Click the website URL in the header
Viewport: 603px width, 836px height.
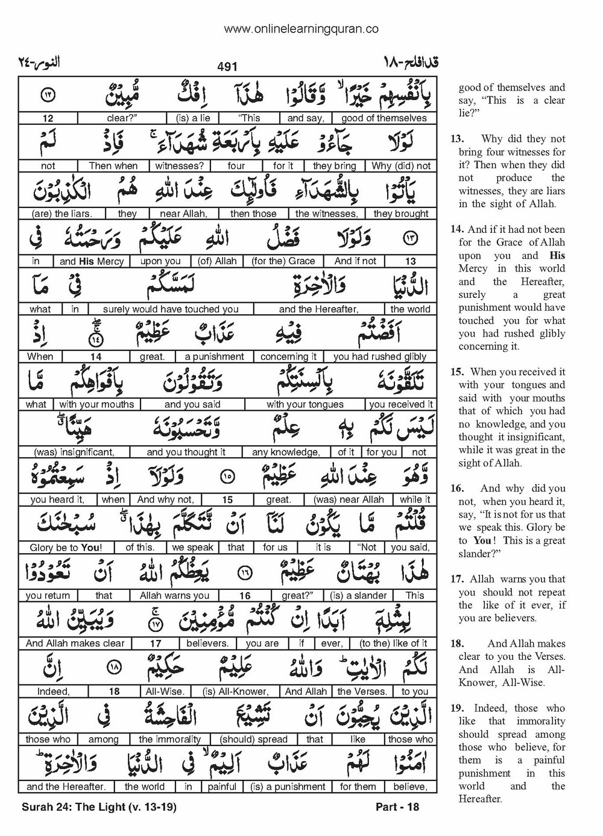pyautogui.click(x=301, y=28)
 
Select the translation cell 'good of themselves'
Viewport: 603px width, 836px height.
pyautogui.click(x=384, y=118)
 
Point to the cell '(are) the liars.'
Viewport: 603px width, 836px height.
pyautogui.click(x=62, y=214)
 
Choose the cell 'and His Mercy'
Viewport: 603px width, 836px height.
pyautogui.click(x=92, y=261)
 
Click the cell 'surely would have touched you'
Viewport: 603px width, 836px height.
pyautogui.click(x=171, y=309)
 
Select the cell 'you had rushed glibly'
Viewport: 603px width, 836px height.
pyautogui.click(x=380, y=356)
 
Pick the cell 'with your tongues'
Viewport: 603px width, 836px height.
pyautogui.click(x=305, y=404)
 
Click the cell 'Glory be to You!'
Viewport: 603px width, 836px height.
pyautogui.click(x=66, y=548)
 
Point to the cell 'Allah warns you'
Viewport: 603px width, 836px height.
pyautogui.click(x=174, y=595)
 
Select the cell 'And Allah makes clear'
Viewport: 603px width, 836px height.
pyautogui.click(x=75, y=643)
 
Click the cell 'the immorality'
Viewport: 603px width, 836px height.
pyautogui.click(x=169, y=739)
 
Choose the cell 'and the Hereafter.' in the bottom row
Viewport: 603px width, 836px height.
pyautogui.click(x=66, y=787)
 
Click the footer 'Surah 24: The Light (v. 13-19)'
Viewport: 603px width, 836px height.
pyautogui.click(x=98, y=807)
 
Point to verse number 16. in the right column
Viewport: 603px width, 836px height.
pyautogui.click(x=457, y=489)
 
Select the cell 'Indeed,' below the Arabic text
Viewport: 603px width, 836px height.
pyautogui.click(x=53, y=691)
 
